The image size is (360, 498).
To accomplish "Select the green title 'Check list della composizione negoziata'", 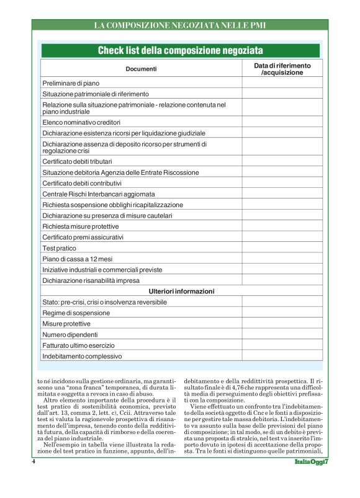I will pyautogui.click(x=180, y=50).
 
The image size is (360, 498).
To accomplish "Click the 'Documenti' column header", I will pyautogui.click(x=141, y=69).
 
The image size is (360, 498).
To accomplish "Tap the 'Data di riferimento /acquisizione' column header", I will pyautogui.click(x=282, y=69).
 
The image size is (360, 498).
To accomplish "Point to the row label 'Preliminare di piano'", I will pyautogui.click(x=71, y=82).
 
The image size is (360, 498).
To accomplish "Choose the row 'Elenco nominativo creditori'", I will pyautogui.click(x=81, y=122).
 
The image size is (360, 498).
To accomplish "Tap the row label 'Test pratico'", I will pyautogui.click(x=59, y=248).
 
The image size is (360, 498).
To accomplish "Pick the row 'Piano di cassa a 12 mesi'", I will pyautogui.click(x=77, y=259).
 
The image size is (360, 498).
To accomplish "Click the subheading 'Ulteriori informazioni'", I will pyautogui.click(x=181, y=291).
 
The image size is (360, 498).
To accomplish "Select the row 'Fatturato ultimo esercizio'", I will pyautogui.click(x=80, y=345).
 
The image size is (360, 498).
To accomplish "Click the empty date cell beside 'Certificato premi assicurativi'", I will pyautogui.click(x=282, y=237).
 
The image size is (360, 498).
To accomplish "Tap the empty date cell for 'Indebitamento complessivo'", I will pyautogui.click(x=282, y=357).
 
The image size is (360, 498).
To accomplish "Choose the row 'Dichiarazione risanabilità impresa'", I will pyautogui.click(x=91, y=280).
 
